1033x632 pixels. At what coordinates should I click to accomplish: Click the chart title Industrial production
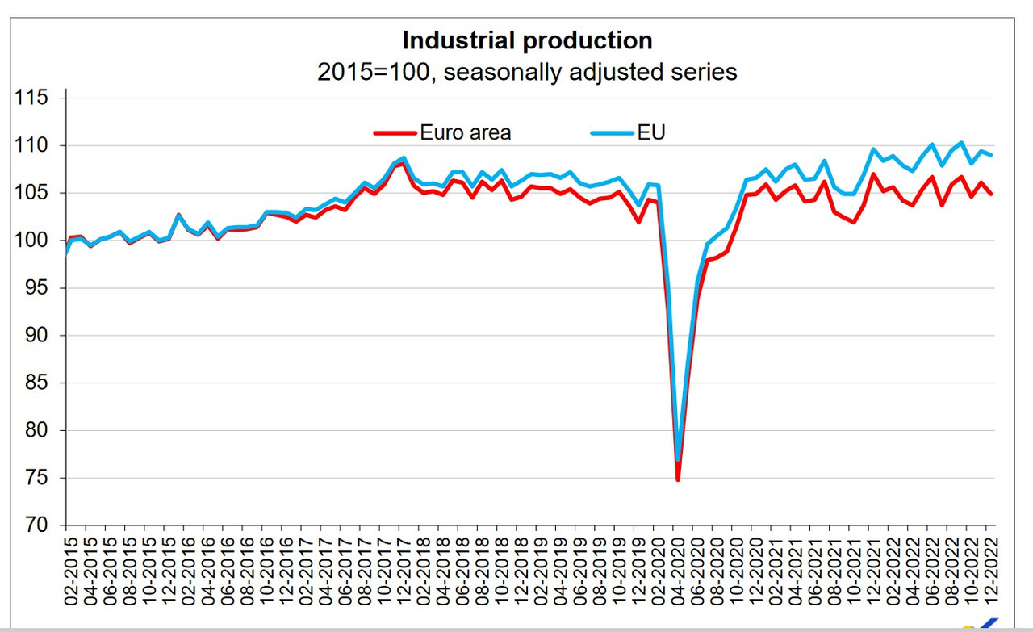point(527,40)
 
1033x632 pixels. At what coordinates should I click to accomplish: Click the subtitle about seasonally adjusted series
point(527,72)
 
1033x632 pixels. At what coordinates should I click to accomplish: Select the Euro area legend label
point(465,132)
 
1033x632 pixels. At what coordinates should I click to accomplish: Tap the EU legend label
point(651,132)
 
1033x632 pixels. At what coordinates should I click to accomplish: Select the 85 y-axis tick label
point(36,383)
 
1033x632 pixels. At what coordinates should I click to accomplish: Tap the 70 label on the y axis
point(36,525)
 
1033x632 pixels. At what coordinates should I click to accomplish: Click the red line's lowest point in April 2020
point(678,480)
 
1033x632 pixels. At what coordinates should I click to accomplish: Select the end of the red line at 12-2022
point(991,194)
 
